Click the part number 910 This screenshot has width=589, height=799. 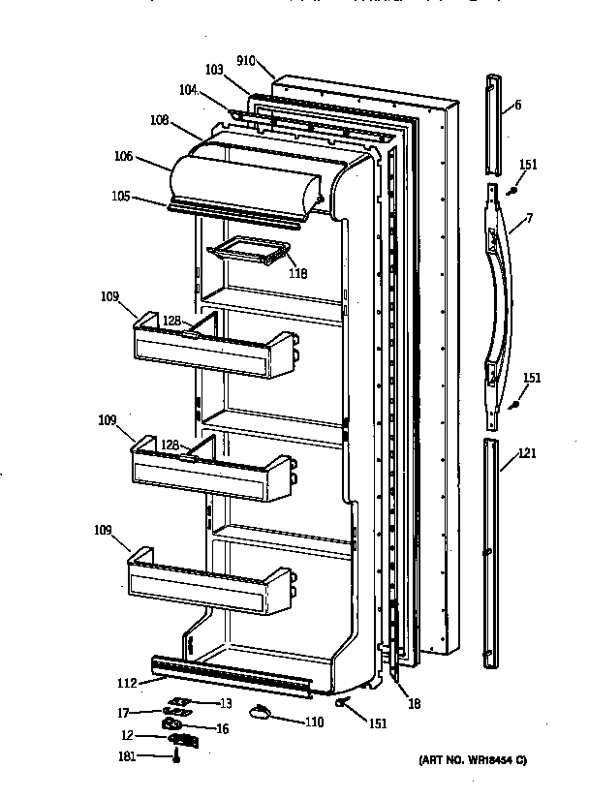click(x=244, y=60)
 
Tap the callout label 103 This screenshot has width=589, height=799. click(x=214, y=70)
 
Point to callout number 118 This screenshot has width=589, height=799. click(x=297, y=273)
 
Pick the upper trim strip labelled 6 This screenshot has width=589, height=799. click(x=496, y=112)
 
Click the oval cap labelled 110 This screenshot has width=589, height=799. click(x=259, y=714)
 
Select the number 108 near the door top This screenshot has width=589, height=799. click(x=159, y=121)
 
